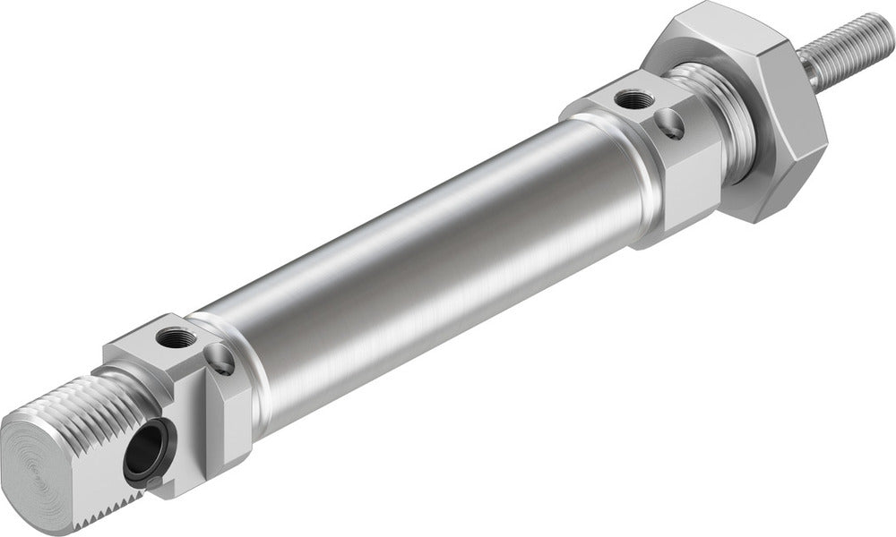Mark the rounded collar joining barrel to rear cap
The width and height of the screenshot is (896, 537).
click(251, 358)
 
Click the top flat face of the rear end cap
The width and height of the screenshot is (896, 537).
click(161, 345)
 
